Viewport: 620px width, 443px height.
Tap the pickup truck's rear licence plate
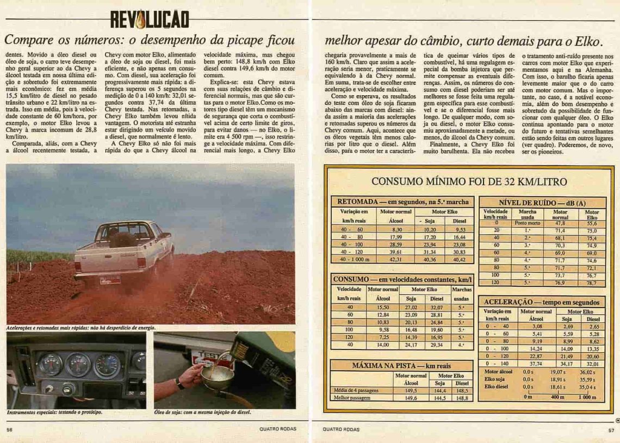110,280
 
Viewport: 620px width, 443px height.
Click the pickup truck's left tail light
79,265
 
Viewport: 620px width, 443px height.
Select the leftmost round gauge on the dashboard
51,364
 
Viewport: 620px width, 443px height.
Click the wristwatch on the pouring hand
179,384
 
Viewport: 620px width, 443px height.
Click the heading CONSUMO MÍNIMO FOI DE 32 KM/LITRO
469,182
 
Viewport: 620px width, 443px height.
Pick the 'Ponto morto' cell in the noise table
527,223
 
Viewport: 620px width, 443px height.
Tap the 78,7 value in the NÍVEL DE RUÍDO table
592,283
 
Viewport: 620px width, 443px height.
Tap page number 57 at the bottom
611,429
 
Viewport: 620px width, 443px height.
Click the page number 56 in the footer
9,429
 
